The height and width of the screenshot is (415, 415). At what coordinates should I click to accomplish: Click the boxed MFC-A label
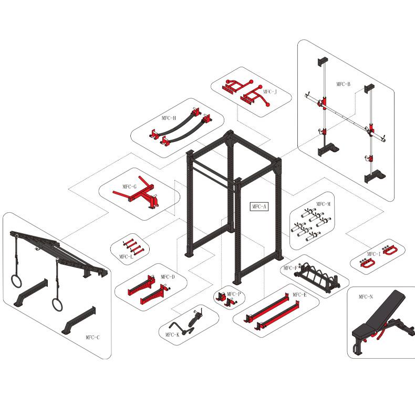click(x=258, y=206)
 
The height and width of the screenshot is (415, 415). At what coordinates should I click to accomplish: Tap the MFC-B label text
click(x=344, y=84)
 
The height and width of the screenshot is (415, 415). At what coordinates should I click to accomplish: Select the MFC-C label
click(x=92, y=337)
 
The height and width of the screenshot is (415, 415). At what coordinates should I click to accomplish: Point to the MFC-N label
click(x=366, y=297)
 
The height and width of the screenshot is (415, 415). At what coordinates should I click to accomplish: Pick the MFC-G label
click(x=129, y=186)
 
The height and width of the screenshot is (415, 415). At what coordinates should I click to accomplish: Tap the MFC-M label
click(x=323, y=204)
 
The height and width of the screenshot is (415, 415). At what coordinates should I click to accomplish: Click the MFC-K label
click(x=172, y=334)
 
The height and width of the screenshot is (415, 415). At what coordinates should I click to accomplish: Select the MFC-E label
click(x=299, y=295)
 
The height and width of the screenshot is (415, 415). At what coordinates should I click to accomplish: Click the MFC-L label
click(x=126, y=256)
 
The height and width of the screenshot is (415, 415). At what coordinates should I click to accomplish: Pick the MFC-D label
click(x=168, y=277)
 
